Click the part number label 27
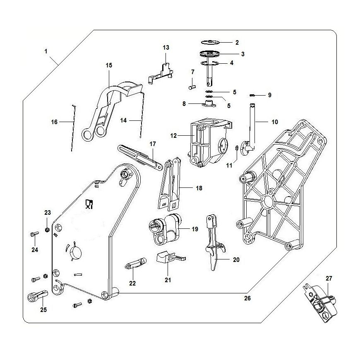[x=329, y=278]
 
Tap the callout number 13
[x=166, y=48]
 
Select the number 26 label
[x=247, y=298]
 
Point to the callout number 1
[x=46, y=51]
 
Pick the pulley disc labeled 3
[x=210, y=54]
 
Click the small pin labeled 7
[x=191, y=86]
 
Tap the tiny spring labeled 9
[x=254, y=95]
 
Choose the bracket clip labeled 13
[x=162, y=73]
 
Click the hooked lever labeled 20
[x=214, y=242]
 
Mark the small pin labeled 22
[x=134, y=264]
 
